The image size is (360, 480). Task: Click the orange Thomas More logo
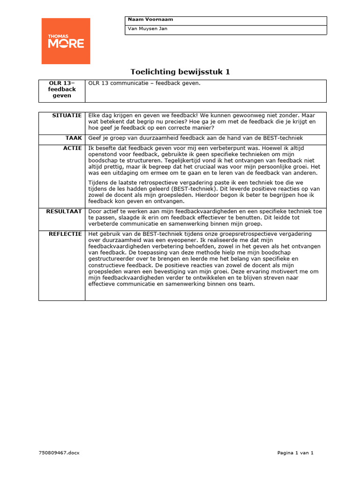[66, 41]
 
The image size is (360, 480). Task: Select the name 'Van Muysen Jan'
[148, 29]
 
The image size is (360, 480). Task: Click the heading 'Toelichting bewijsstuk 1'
[180, 72]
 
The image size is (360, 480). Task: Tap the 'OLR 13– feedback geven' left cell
[62, 89]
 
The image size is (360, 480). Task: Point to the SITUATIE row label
[67, 115]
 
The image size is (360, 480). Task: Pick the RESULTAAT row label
[64, 211]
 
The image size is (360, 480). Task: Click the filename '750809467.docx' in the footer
[60, 453]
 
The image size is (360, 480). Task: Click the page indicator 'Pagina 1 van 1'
[295, 453]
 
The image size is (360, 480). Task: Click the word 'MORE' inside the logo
[66, 44]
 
